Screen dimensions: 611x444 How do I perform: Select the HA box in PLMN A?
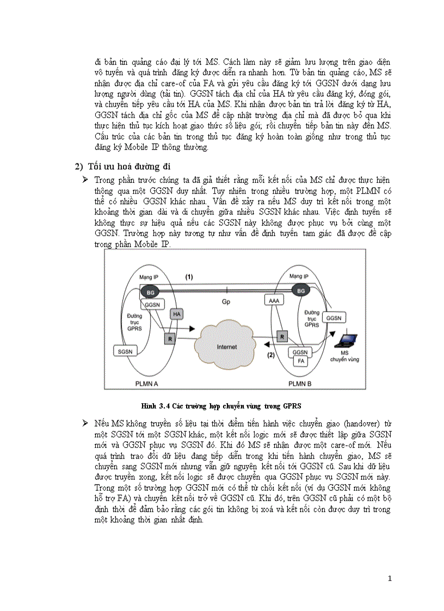(176, 314)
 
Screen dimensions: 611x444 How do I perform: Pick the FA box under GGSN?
(300, 360)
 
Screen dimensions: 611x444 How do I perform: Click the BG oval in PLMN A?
(151, 293)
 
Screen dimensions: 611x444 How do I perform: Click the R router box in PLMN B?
(282, 336)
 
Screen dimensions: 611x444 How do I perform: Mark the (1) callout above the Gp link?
(189, 277)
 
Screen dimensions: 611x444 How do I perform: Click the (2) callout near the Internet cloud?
(270, 355)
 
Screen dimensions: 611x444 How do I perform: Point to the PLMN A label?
(146, 384)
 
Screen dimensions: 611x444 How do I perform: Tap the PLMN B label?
(300, 384)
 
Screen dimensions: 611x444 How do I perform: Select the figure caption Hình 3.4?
(220, 406)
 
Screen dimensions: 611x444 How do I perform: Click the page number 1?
(390, 578)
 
